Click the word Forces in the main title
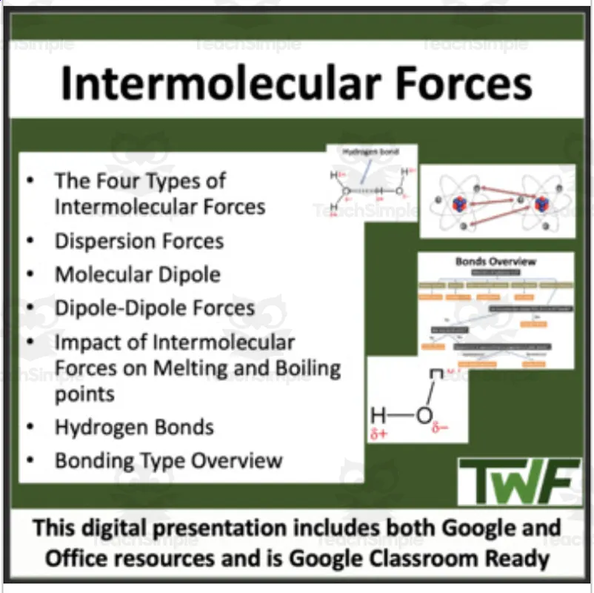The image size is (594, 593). point(466,83)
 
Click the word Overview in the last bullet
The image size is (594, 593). point(237,460)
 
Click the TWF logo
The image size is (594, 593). point(518,481)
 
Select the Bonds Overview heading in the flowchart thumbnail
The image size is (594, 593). point(495,262)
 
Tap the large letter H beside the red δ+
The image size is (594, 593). point(378,415)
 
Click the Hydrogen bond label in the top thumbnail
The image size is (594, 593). point(370,152)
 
